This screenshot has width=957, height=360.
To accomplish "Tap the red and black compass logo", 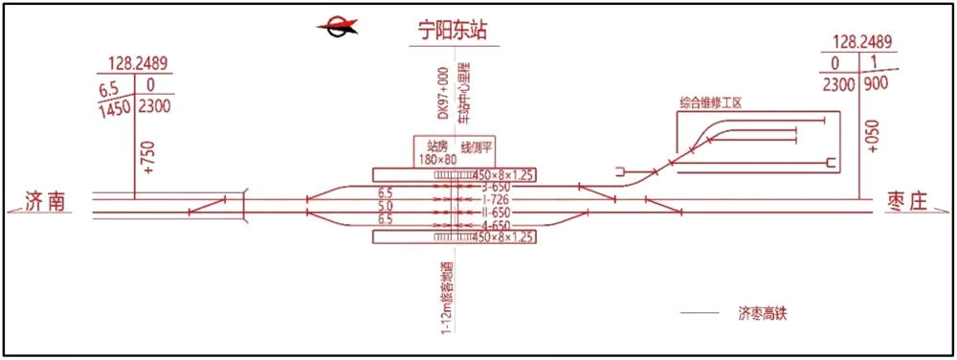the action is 340,28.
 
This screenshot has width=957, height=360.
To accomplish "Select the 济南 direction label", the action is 46,201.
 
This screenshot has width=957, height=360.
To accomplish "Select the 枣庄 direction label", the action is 906,202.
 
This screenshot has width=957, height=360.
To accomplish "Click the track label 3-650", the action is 496,186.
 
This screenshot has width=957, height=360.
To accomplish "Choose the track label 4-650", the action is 496,222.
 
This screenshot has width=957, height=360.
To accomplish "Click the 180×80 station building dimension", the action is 439,160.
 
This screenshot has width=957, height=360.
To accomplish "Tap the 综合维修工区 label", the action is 718,102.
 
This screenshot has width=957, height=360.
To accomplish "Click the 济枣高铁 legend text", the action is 768,313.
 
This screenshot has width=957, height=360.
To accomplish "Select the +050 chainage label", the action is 871,135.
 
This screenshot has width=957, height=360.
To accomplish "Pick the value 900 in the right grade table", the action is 876,83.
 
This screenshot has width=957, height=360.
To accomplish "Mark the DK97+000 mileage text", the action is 443,93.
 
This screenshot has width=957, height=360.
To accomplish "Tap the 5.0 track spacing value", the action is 387,207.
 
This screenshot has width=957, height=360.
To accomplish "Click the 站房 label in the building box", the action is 436,146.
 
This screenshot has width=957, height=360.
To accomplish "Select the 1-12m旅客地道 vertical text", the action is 447,290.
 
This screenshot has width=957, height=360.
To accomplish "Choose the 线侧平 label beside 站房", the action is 477,146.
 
